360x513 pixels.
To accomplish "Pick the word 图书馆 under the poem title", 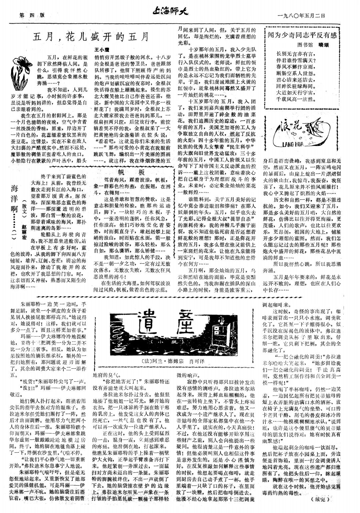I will point(304,44).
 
